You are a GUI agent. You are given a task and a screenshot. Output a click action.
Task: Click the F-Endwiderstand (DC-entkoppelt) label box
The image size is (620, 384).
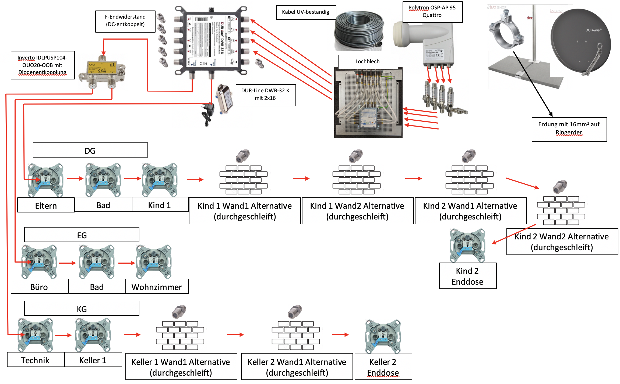[x=125, y=21]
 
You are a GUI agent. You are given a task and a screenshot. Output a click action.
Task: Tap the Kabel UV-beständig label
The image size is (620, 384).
[x=306, y=12]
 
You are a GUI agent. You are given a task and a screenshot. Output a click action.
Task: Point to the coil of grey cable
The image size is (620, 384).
[x=359, y=31]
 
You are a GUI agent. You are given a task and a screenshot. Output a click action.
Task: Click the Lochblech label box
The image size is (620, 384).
[x=368, y=62]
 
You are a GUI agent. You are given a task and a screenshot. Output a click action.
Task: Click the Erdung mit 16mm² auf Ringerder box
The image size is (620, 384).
[x=569, y=129]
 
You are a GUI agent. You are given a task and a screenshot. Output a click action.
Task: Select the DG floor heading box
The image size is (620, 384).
[x=90, y=150]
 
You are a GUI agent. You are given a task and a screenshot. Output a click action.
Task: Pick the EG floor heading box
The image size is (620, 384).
[x=82, y=235]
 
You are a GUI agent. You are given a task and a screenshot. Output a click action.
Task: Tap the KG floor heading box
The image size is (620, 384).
[x=82, y=308]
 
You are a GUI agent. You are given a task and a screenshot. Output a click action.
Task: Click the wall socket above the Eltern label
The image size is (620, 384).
[x=46, y=180]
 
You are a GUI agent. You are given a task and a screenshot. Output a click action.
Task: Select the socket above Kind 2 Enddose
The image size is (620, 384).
[x=467, y=245]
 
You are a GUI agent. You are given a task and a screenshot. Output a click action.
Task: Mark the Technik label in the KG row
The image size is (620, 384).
[x=36, y=360]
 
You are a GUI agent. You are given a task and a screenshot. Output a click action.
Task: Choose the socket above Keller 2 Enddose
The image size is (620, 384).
[x=383, y=336]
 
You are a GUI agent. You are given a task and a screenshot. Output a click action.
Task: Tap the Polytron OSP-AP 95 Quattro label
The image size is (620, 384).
[x=432, y=12]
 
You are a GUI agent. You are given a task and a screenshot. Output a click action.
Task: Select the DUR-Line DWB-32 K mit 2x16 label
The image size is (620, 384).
[x=265, y=95]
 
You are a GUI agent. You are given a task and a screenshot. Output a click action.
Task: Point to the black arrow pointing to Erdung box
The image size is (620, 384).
[x=533, y=83]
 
